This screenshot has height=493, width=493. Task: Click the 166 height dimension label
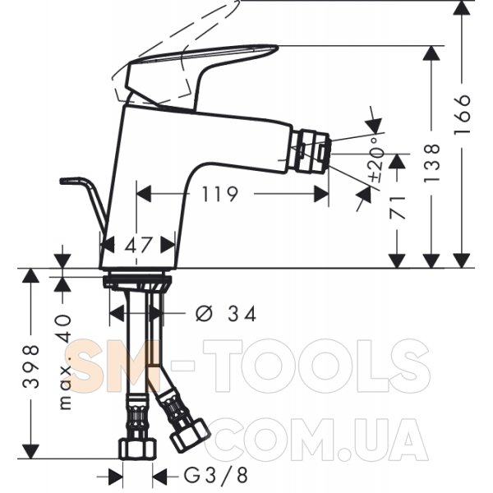[463, 114]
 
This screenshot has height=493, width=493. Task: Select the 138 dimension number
[431, 163]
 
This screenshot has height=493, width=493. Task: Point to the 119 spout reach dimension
[219, 194]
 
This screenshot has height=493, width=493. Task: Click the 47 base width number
[139, 245]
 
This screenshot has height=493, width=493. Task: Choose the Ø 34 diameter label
[226, 313]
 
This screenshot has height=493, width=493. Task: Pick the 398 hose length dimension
[31, 366]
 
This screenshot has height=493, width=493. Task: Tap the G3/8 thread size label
[215, 475]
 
